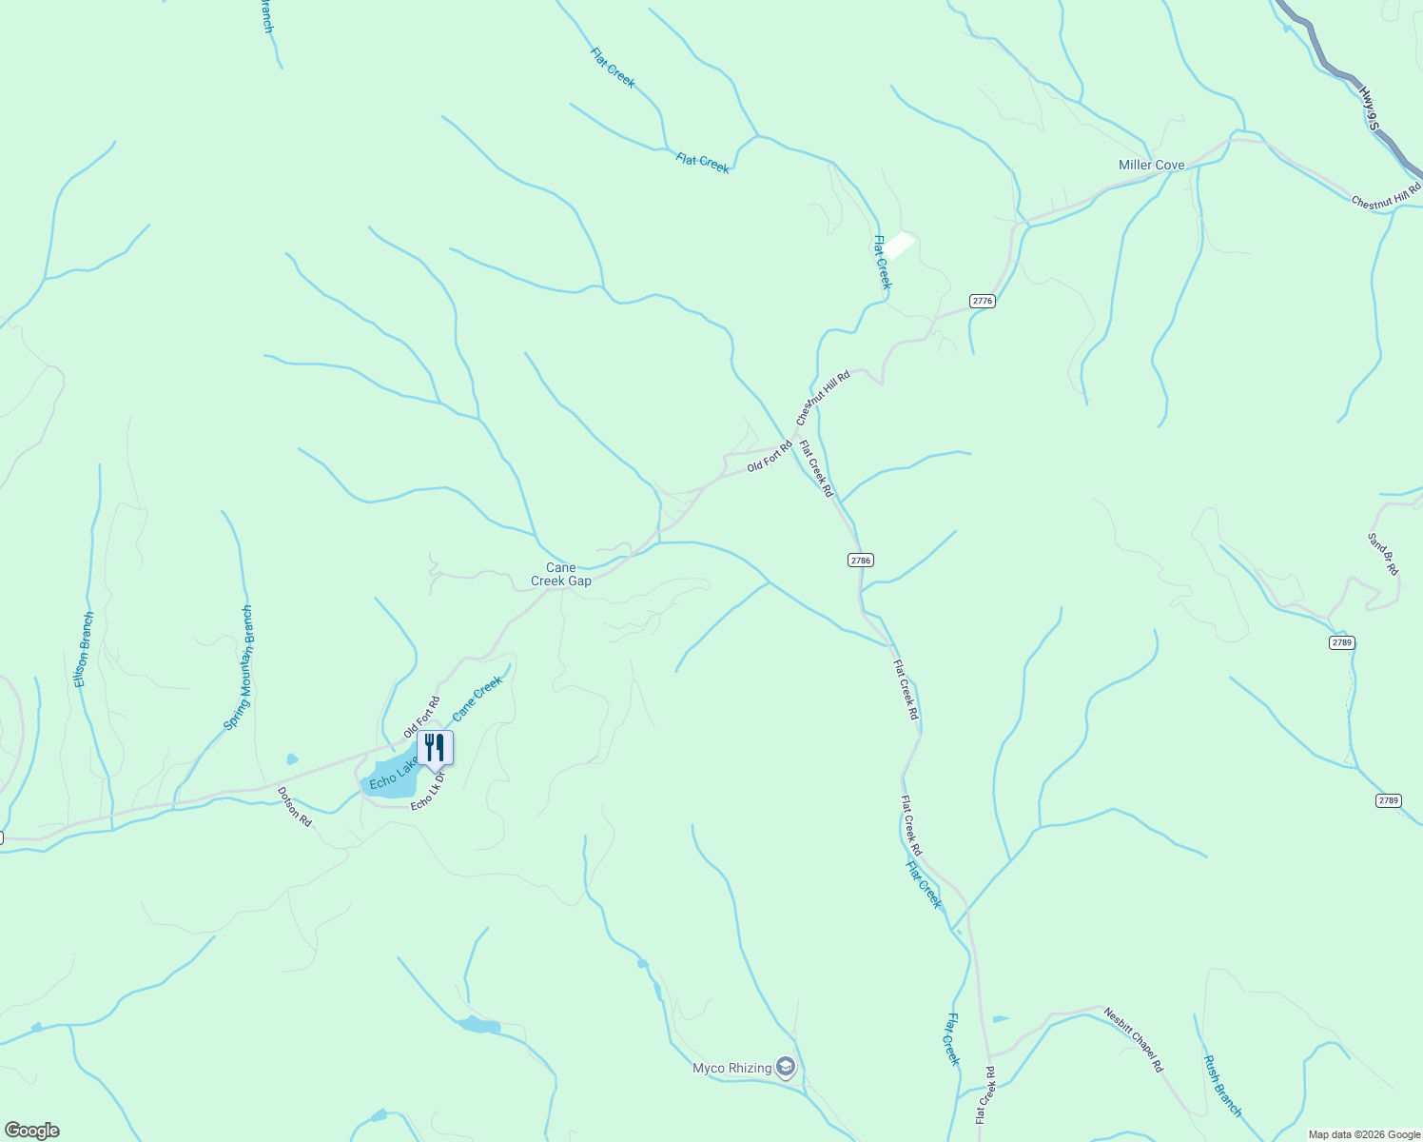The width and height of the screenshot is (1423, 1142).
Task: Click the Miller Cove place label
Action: (1151, 166)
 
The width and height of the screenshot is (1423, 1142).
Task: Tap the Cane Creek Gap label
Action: (560, 575)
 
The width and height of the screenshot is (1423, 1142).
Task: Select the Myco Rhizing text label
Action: (731, 1069)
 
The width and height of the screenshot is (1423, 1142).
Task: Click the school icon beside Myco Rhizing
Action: (786, 1068)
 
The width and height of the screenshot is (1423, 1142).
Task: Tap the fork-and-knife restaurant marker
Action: (435, 748)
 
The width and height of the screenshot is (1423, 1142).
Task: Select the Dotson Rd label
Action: (294, 805)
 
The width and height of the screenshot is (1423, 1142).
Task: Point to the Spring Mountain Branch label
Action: (239, 668)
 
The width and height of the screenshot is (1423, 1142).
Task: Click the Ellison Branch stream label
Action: (85, 650)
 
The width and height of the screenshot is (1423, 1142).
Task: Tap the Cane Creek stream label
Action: (477, 699)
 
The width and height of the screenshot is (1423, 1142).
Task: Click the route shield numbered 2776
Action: (982, 301)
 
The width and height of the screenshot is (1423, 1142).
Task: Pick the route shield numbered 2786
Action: (860, 561)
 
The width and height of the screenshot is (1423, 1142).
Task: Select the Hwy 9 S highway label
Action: (1370, 108)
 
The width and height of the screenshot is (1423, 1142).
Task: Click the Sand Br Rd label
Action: (1383, 554)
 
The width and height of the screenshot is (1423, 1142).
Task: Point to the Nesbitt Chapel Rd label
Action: (1134, 1039)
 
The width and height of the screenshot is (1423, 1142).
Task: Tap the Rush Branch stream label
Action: (1222, 1086)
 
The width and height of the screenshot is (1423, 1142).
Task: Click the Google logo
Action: (31, 1131)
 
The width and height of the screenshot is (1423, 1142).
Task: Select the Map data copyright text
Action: (1363, 1134)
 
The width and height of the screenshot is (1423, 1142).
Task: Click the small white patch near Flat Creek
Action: (900, 246)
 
